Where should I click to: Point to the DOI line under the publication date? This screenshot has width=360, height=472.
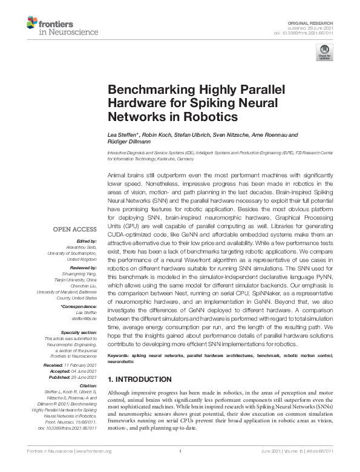(x=309, y=33)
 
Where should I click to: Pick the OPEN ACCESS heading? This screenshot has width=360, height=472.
(x=74, y=229)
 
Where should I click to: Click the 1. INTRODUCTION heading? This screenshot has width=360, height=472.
(x=139, y=379)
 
